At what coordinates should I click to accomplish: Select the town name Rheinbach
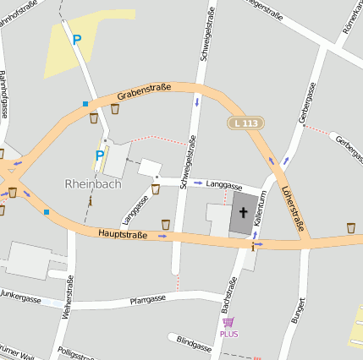point(93,183)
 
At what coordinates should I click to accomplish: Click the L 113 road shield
point(245,123)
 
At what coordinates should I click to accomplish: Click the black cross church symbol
point(242,211)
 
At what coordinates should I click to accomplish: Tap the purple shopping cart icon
point(228,322)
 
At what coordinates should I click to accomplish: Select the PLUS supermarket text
point(228,334)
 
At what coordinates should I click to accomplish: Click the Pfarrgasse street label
point(146,298)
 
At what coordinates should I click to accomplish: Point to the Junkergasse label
point(20,297)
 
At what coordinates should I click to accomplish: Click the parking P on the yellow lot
point(77,39)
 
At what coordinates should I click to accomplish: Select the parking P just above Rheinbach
point(99,155)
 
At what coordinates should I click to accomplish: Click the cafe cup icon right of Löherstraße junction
point(350,227)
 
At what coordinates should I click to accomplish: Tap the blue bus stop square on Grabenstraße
point(85,104)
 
